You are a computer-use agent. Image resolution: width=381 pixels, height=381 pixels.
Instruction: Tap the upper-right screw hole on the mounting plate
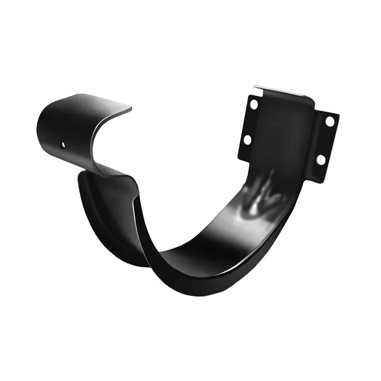click(330, 121)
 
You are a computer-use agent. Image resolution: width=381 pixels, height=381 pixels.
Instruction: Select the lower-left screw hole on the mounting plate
click(247, 140)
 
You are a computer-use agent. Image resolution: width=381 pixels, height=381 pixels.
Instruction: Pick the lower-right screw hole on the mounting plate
click(321, 159)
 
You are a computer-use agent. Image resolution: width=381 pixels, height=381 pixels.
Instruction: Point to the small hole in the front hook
click(64, 145)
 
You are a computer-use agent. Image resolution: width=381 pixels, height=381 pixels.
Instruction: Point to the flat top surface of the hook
click(87, 103)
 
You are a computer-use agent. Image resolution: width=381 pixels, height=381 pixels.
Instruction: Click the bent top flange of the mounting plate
click(283, 93)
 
